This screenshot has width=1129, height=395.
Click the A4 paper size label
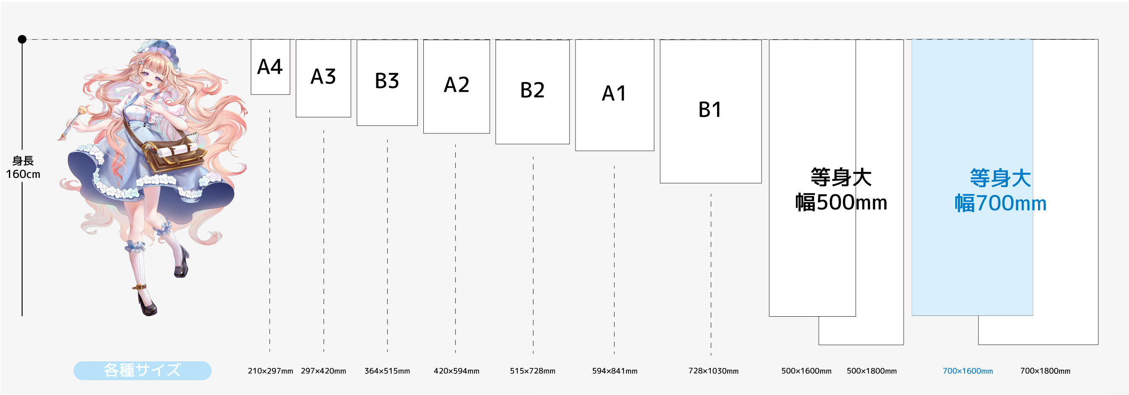270,67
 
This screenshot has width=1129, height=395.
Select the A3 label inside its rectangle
323,77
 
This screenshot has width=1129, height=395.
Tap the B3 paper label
387,80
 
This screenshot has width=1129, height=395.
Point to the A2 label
456,85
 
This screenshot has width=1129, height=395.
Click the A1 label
614,93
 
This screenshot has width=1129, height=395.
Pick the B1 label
709,110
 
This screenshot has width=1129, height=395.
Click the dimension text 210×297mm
270,371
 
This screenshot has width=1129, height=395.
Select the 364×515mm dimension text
387,371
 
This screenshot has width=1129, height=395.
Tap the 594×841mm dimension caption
615,371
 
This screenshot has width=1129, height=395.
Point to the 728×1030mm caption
713,371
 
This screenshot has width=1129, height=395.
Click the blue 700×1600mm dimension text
968,371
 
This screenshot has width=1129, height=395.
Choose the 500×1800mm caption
871,371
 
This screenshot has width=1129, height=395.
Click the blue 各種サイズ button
142,370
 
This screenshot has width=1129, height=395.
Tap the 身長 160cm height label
23,168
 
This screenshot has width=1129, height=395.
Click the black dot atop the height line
22,39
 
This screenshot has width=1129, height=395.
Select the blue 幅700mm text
1001,203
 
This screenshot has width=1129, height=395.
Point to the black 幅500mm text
841,202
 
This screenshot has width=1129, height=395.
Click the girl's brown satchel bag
173,155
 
